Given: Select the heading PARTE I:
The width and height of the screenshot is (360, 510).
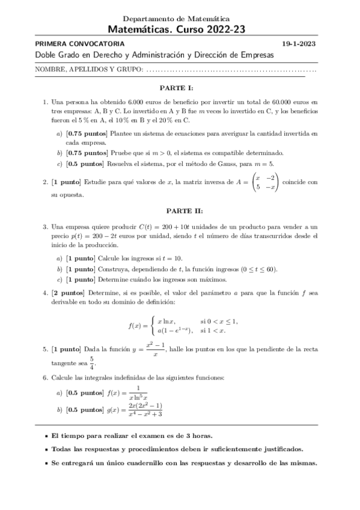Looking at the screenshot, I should [180, 87].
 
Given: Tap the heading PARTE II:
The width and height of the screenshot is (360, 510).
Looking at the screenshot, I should [180, 210].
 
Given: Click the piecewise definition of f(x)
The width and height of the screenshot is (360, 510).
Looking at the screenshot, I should [184, 326].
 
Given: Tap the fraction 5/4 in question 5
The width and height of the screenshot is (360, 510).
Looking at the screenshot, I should [92, 363].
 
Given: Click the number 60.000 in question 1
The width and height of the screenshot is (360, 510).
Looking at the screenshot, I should [275, 103].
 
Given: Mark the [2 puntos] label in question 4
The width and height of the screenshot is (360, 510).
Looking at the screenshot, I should [68, 292].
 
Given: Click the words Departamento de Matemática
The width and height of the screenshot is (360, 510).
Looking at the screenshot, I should [180, 19].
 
